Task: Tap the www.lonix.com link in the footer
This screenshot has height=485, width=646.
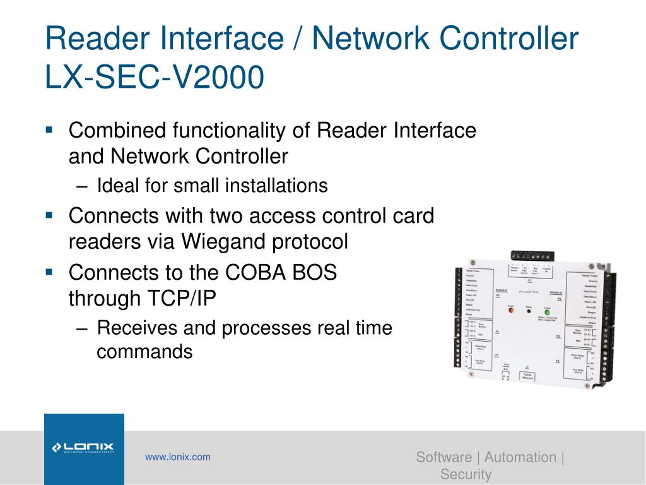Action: click(178, 457)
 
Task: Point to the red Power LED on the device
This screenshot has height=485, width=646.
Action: click(512, 311)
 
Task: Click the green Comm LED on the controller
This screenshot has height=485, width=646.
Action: click(547, 311)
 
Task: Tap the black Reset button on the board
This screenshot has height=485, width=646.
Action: click(529, 311)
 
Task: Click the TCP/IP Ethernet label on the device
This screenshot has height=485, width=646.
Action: click(528, 376)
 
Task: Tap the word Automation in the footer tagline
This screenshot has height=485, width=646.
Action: click(520, 457)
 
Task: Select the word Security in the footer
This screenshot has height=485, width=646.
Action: click(466, 474)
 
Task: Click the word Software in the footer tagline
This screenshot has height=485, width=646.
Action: click(443, 457)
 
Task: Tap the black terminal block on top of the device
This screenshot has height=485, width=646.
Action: click(532, 257)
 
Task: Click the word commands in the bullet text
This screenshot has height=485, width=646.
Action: click(144, 351)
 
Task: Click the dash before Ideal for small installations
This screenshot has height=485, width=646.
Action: click(86, 186)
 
